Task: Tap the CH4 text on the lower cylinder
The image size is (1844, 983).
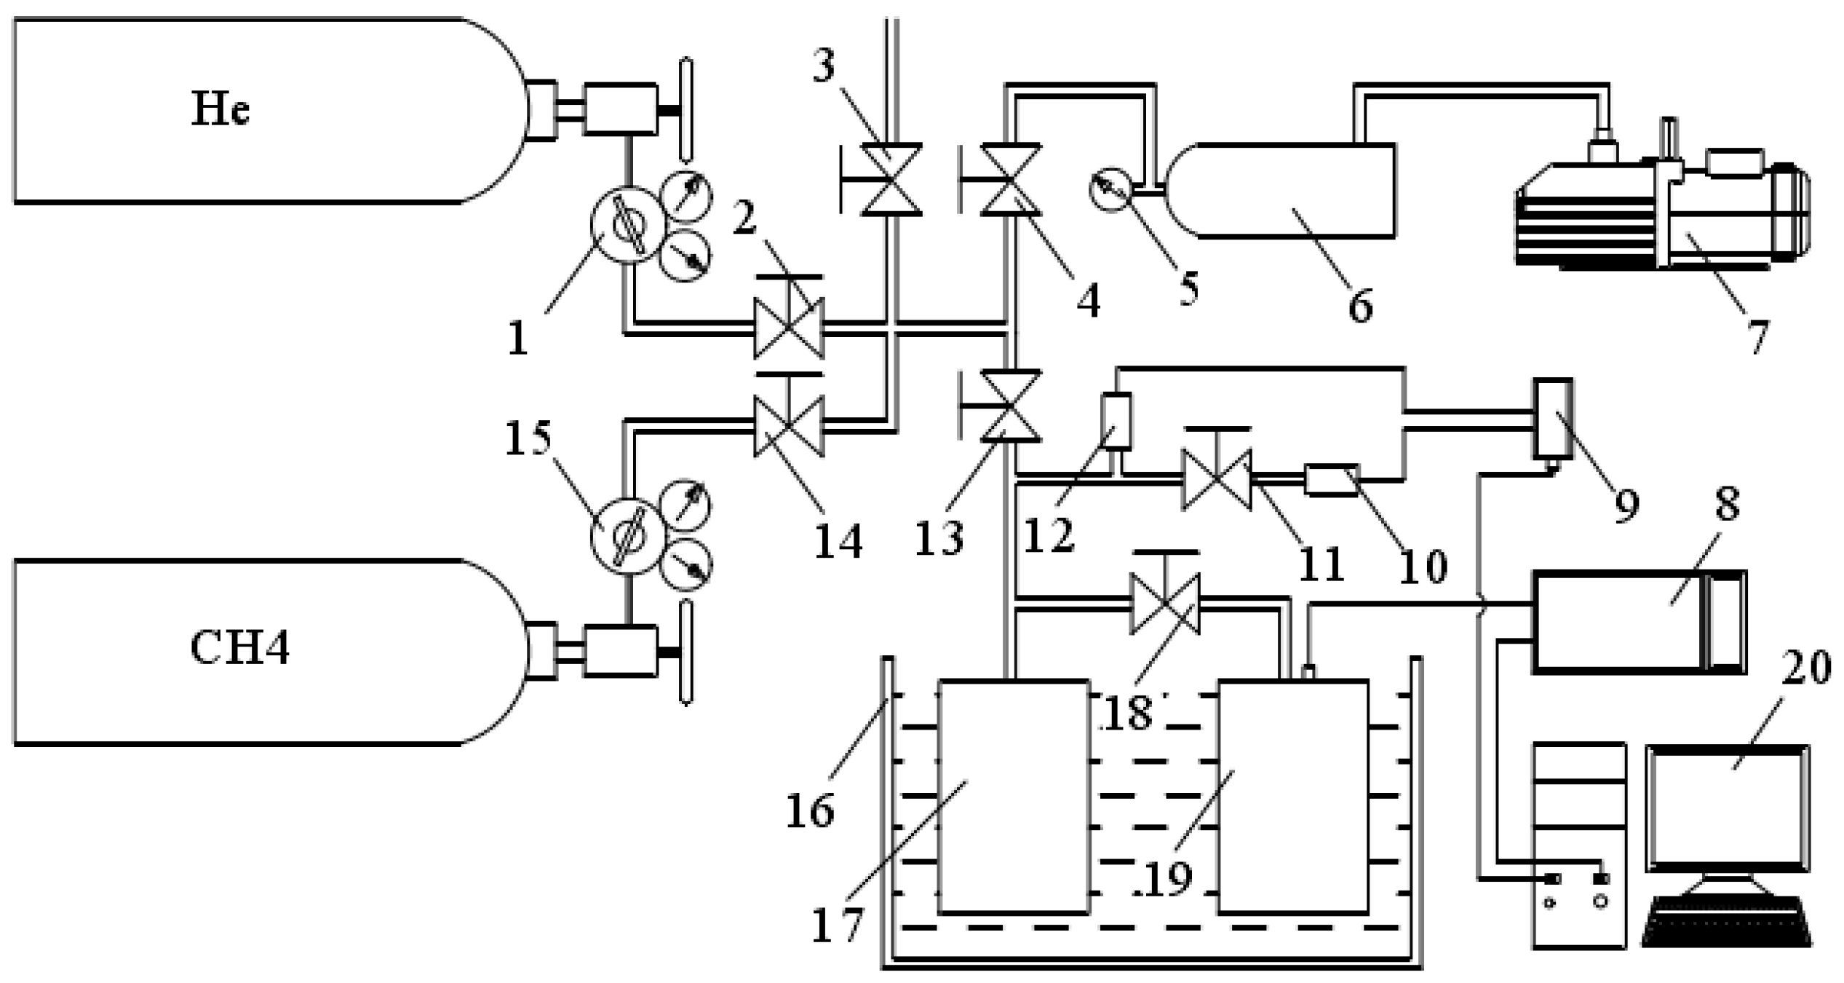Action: (x=239, y=647)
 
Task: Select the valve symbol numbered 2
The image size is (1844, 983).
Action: (x=789, y=328)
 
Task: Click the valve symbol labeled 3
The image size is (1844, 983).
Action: (x=891, y=179)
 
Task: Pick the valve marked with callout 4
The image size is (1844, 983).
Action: (x=1011, y=179)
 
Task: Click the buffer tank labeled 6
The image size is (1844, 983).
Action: (x=1281, y=190)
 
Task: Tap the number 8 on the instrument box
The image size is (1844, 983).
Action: (x=1727, y=505)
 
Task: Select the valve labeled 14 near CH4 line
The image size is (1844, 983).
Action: (x=789, y=426)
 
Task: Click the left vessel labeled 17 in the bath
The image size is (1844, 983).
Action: (x=1014, y=797)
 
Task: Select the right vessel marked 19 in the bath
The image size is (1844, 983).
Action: (x=1293, y=797)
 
